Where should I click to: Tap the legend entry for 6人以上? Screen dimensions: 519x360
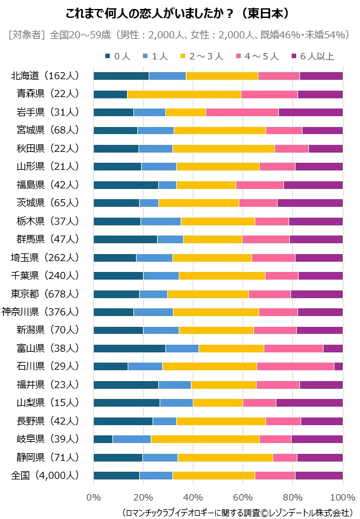coord(312,56)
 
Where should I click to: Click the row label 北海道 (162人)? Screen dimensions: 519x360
coord(45,76)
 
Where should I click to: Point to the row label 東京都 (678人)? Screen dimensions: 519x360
coord(45,294)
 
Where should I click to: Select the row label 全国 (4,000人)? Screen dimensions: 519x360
coord(45,476)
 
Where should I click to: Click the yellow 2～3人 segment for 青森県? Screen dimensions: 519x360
coord(184,94)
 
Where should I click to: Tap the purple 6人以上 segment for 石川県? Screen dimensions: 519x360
coord(338,366)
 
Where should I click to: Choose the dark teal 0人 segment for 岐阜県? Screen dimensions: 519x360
coord(103,439)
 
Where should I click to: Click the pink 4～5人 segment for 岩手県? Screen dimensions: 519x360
coord(242,112)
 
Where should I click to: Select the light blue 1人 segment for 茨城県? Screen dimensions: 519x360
coord(149,203)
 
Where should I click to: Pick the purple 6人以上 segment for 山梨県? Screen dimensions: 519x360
coord(309,403)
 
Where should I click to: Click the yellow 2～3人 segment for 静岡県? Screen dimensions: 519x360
coord(225,458)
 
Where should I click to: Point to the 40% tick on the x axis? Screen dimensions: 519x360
coord(193,497)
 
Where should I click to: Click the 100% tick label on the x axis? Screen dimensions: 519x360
coord(342,497)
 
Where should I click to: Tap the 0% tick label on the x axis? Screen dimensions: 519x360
coord(94,497)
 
